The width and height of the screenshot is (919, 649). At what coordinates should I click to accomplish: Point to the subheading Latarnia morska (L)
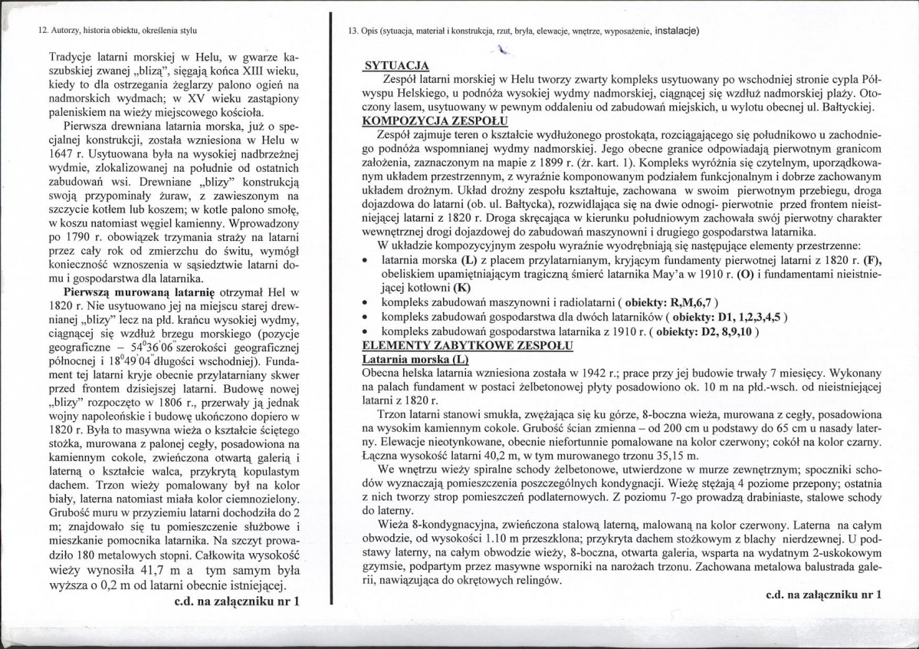coord(414,358)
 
